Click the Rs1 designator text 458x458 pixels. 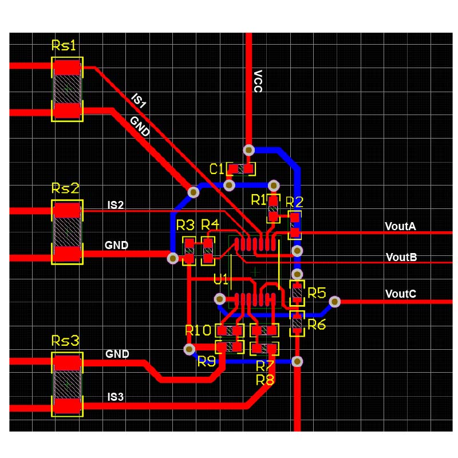tap(64, 46)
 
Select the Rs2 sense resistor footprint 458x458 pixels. tap(68, 232)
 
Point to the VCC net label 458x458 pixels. tap(258, 81)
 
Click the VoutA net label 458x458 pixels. tap(400, 226)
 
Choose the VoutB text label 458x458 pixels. tap(401, 257)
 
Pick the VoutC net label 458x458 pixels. tap(400, 294)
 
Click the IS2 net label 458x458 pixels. tap(116, 205)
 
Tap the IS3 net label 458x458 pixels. tap(116, 396)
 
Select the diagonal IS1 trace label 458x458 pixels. tap(139, 101)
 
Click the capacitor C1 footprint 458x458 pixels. tap(241, 169)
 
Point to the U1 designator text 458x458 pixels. tap(222, 280)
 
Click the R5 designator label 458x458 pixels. tap(317, 293)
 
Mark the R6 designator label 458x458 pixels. tap(317, 325)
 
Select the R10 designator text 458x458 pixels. tap(198, 330)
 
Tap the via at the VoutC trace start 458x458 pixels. tap(335, 301)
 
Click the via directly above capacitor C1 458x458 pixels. tap(249, 150)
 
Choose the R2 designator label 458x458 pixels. tap(294, 202)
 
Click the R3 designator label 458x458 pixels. tap(185, 224)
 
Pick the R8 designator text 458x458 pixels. tap(265, 379)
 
